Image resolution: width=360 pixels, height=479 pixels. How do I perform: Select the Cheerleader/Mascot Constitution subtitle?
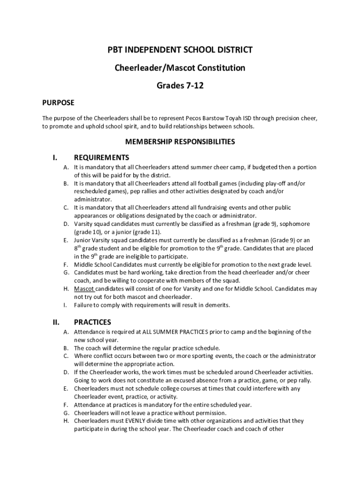click(x=180, y=68)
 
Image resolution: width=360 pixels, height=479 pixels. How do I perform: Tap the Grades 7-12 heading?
click(x=180, y=86)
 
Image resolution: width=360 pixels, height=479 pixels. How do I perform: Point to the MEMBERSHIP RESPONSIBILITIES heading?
click(x=180, y=141)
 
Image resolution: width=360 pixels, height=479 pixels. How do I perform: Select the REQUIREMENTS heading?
click(x=101, y=157)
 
